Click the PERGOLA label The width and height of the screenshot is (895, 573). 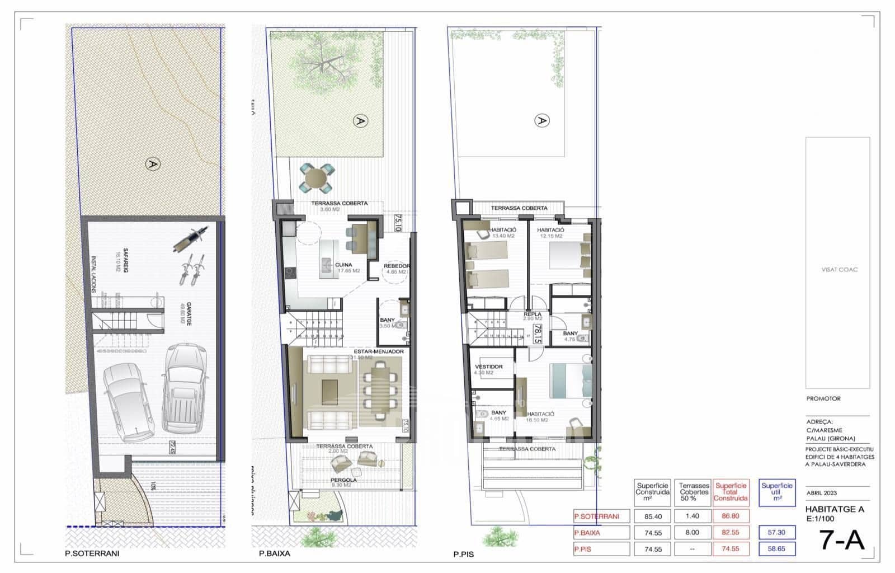(343, 480)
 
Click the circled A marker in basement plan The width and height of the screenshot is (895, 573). (150, 164)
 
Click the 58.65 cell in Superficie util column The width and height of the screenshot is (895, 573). (776, 549)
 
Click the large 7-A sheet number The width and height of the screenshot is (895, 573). (841, 539)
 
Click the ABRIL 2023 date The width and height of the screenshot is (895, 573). (822, 493)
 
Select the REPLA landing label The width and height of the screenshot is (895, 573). (532, 314)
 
